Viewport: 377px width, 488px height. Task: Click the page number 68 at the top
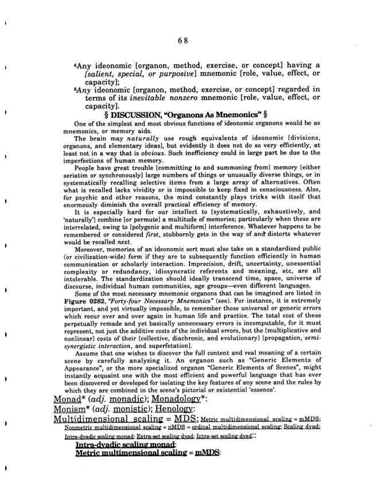coord(184,40)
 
